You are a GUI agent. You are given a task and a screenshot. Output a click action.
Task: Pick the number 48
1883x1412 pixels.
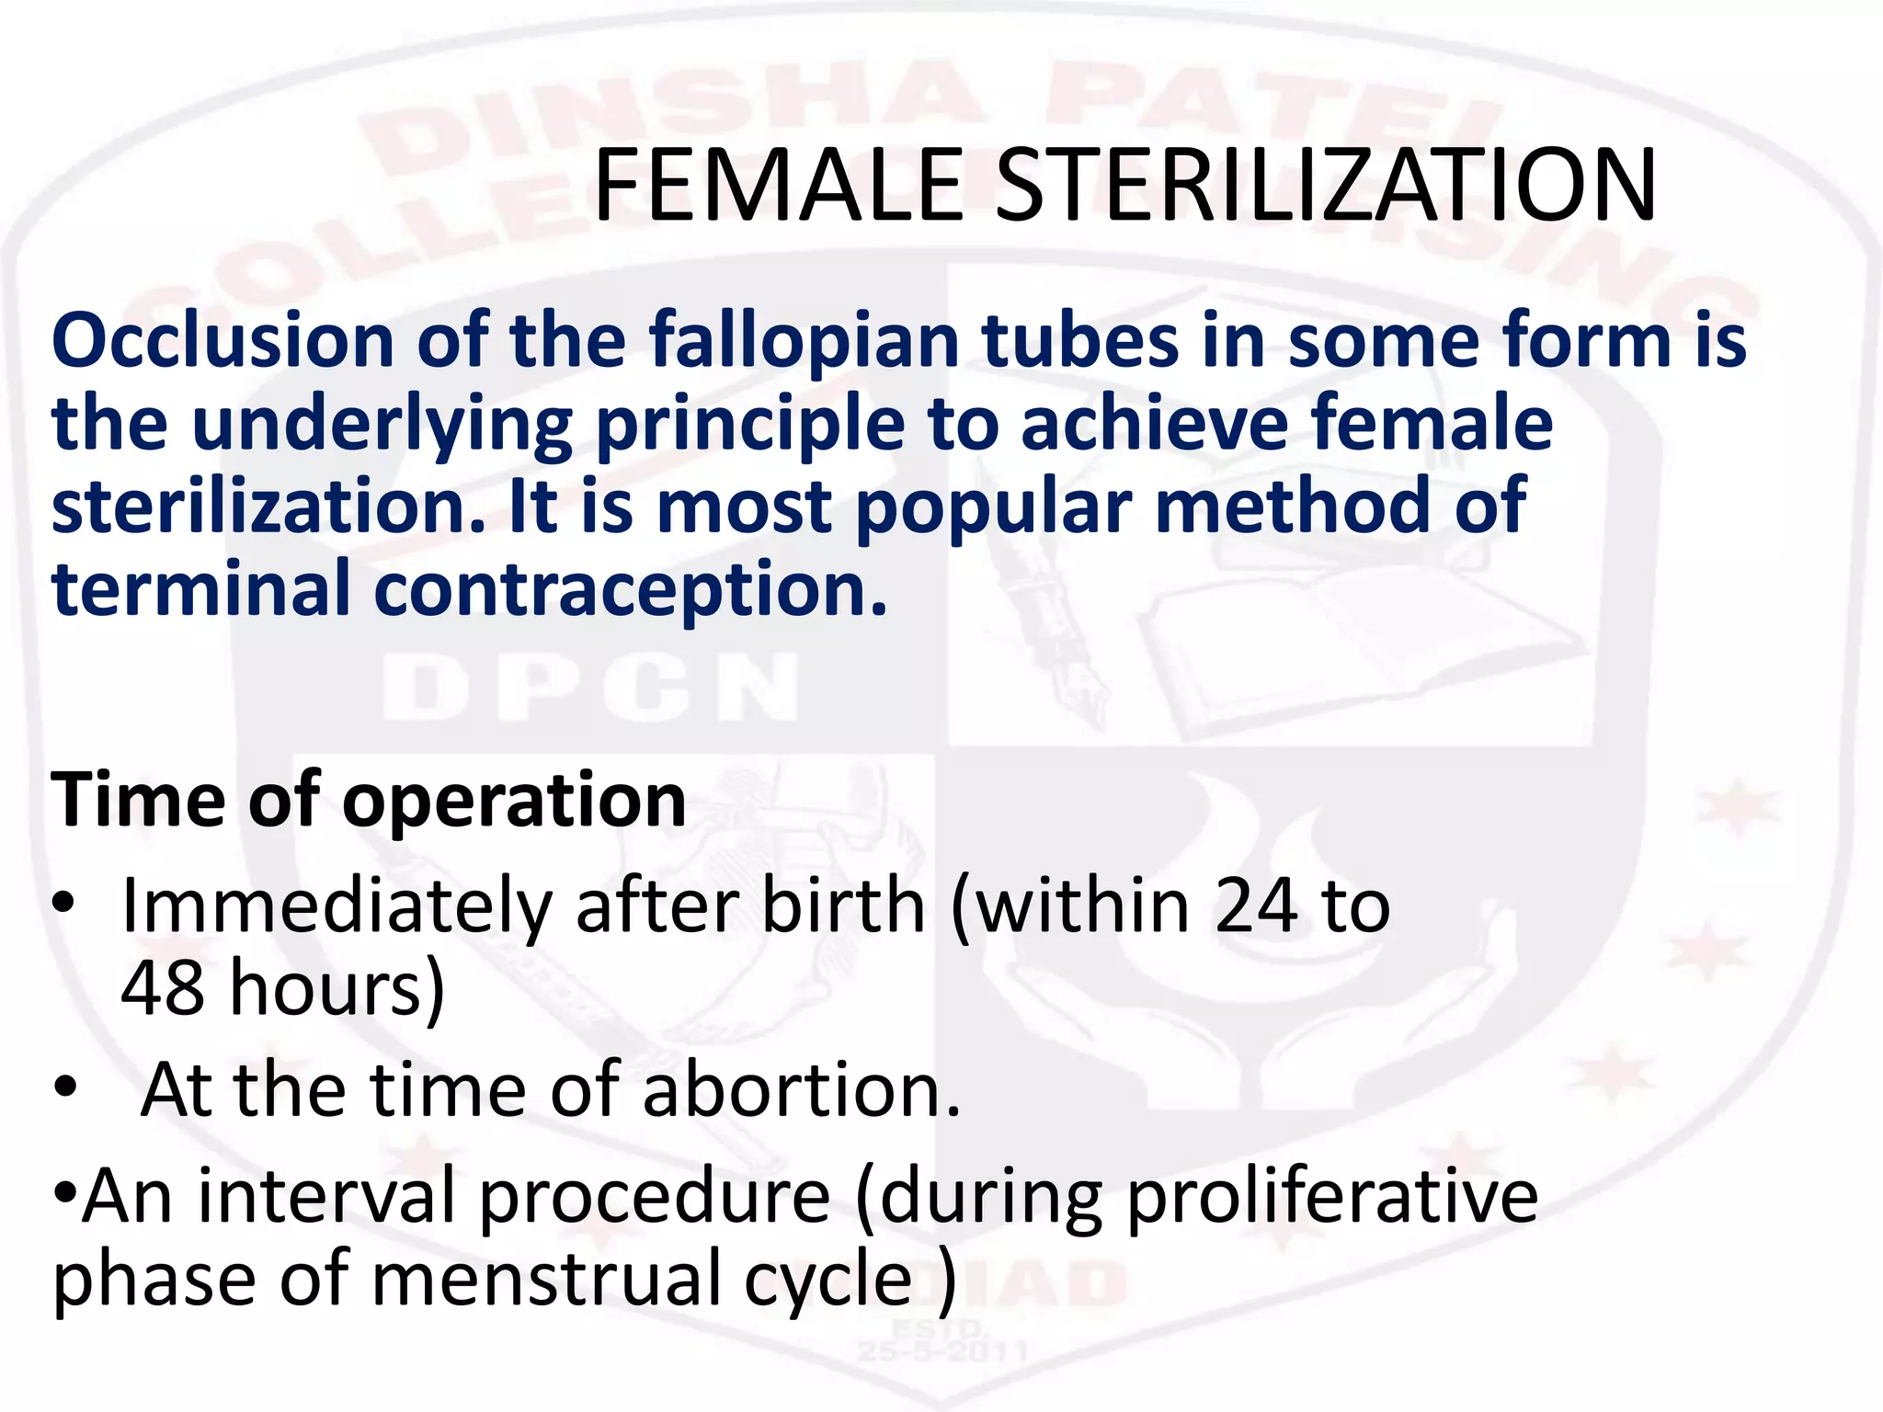coord(163,987)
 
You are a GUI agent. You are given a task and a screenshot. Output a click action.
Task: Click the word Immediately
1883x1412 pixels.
coord(336,906)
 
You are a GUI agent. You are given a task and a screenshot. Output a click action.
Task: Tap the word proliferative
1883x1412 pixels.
coord(1332,1196)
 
